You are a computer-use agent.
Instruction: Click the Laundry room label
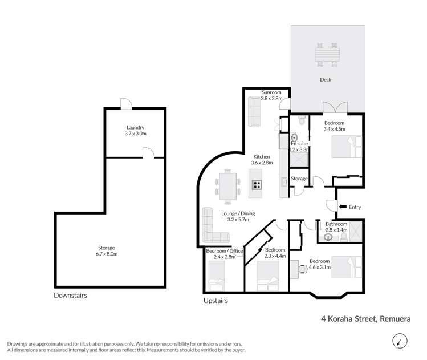(136, 131)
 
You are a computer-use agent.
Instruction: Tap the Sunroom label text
(271, 95)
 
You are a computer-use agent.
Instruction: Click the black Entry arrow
(342, 207)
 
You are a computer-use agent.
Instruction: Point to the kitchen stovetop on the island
(257, 184)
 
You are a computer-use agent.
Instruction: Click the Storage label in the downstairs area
(107, 251)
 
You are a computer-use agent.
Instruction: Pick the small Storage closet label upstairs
(299, 179)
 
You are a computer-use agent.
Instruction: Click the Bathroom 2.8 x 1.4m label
(336, 227)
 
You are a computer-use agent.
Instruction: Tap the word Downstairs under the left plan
(70, 296)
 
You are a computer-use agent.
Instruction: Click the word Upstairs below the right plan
(215, 300)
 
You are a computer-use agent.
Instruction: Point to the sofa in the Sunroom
(255, 112)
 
